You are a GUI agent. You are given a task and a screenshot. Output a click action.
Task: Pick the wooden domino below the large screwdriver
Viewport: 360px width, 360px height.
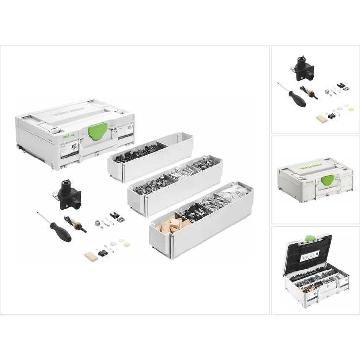tap(90, 256)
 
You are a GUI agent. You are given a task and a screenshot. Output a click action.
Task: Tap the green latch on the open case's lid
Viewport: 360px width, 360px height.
tap(310, 239)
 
